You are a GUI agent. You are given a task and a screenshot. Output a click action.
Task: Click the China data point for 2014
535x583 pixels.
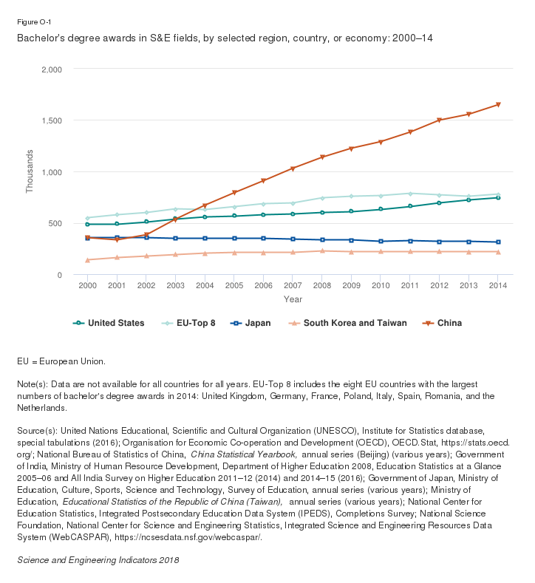coord(498,104)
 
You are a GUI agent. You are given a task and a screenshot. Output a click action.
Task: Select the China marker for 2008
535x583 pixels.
coord(322,157)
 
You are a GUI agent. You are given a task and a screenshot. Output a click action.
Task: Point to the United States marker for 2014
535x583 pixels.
coord(498,197)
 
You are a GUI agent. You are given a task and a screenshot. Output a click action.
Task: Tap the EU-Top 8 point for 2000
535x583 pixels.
coord(87,218)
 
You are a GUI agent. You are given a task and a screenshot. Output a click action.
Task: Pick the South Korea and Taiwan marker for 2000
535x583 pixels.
coord(87,260)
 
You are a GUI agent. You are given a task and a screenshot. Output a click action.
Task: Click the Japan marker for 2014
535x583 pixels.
coord(498,242)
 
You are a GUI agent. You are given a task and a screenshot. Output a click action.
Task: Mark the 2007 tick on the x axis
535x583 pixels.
coord(293,284)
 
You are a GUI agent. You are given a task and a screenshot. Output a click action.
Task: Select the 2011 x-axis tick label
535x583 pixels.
coord(410,284)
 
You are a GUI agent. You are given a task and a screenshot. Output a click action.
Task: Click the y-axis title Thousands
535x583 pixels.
coord(30,172)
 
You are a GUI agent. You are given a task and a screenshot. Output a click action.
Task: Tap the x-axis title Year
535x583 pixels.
coord(293,299)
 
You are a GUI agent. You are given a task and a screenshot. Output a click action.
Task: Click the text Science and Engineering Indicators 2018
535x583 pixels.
coord(98,560)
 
